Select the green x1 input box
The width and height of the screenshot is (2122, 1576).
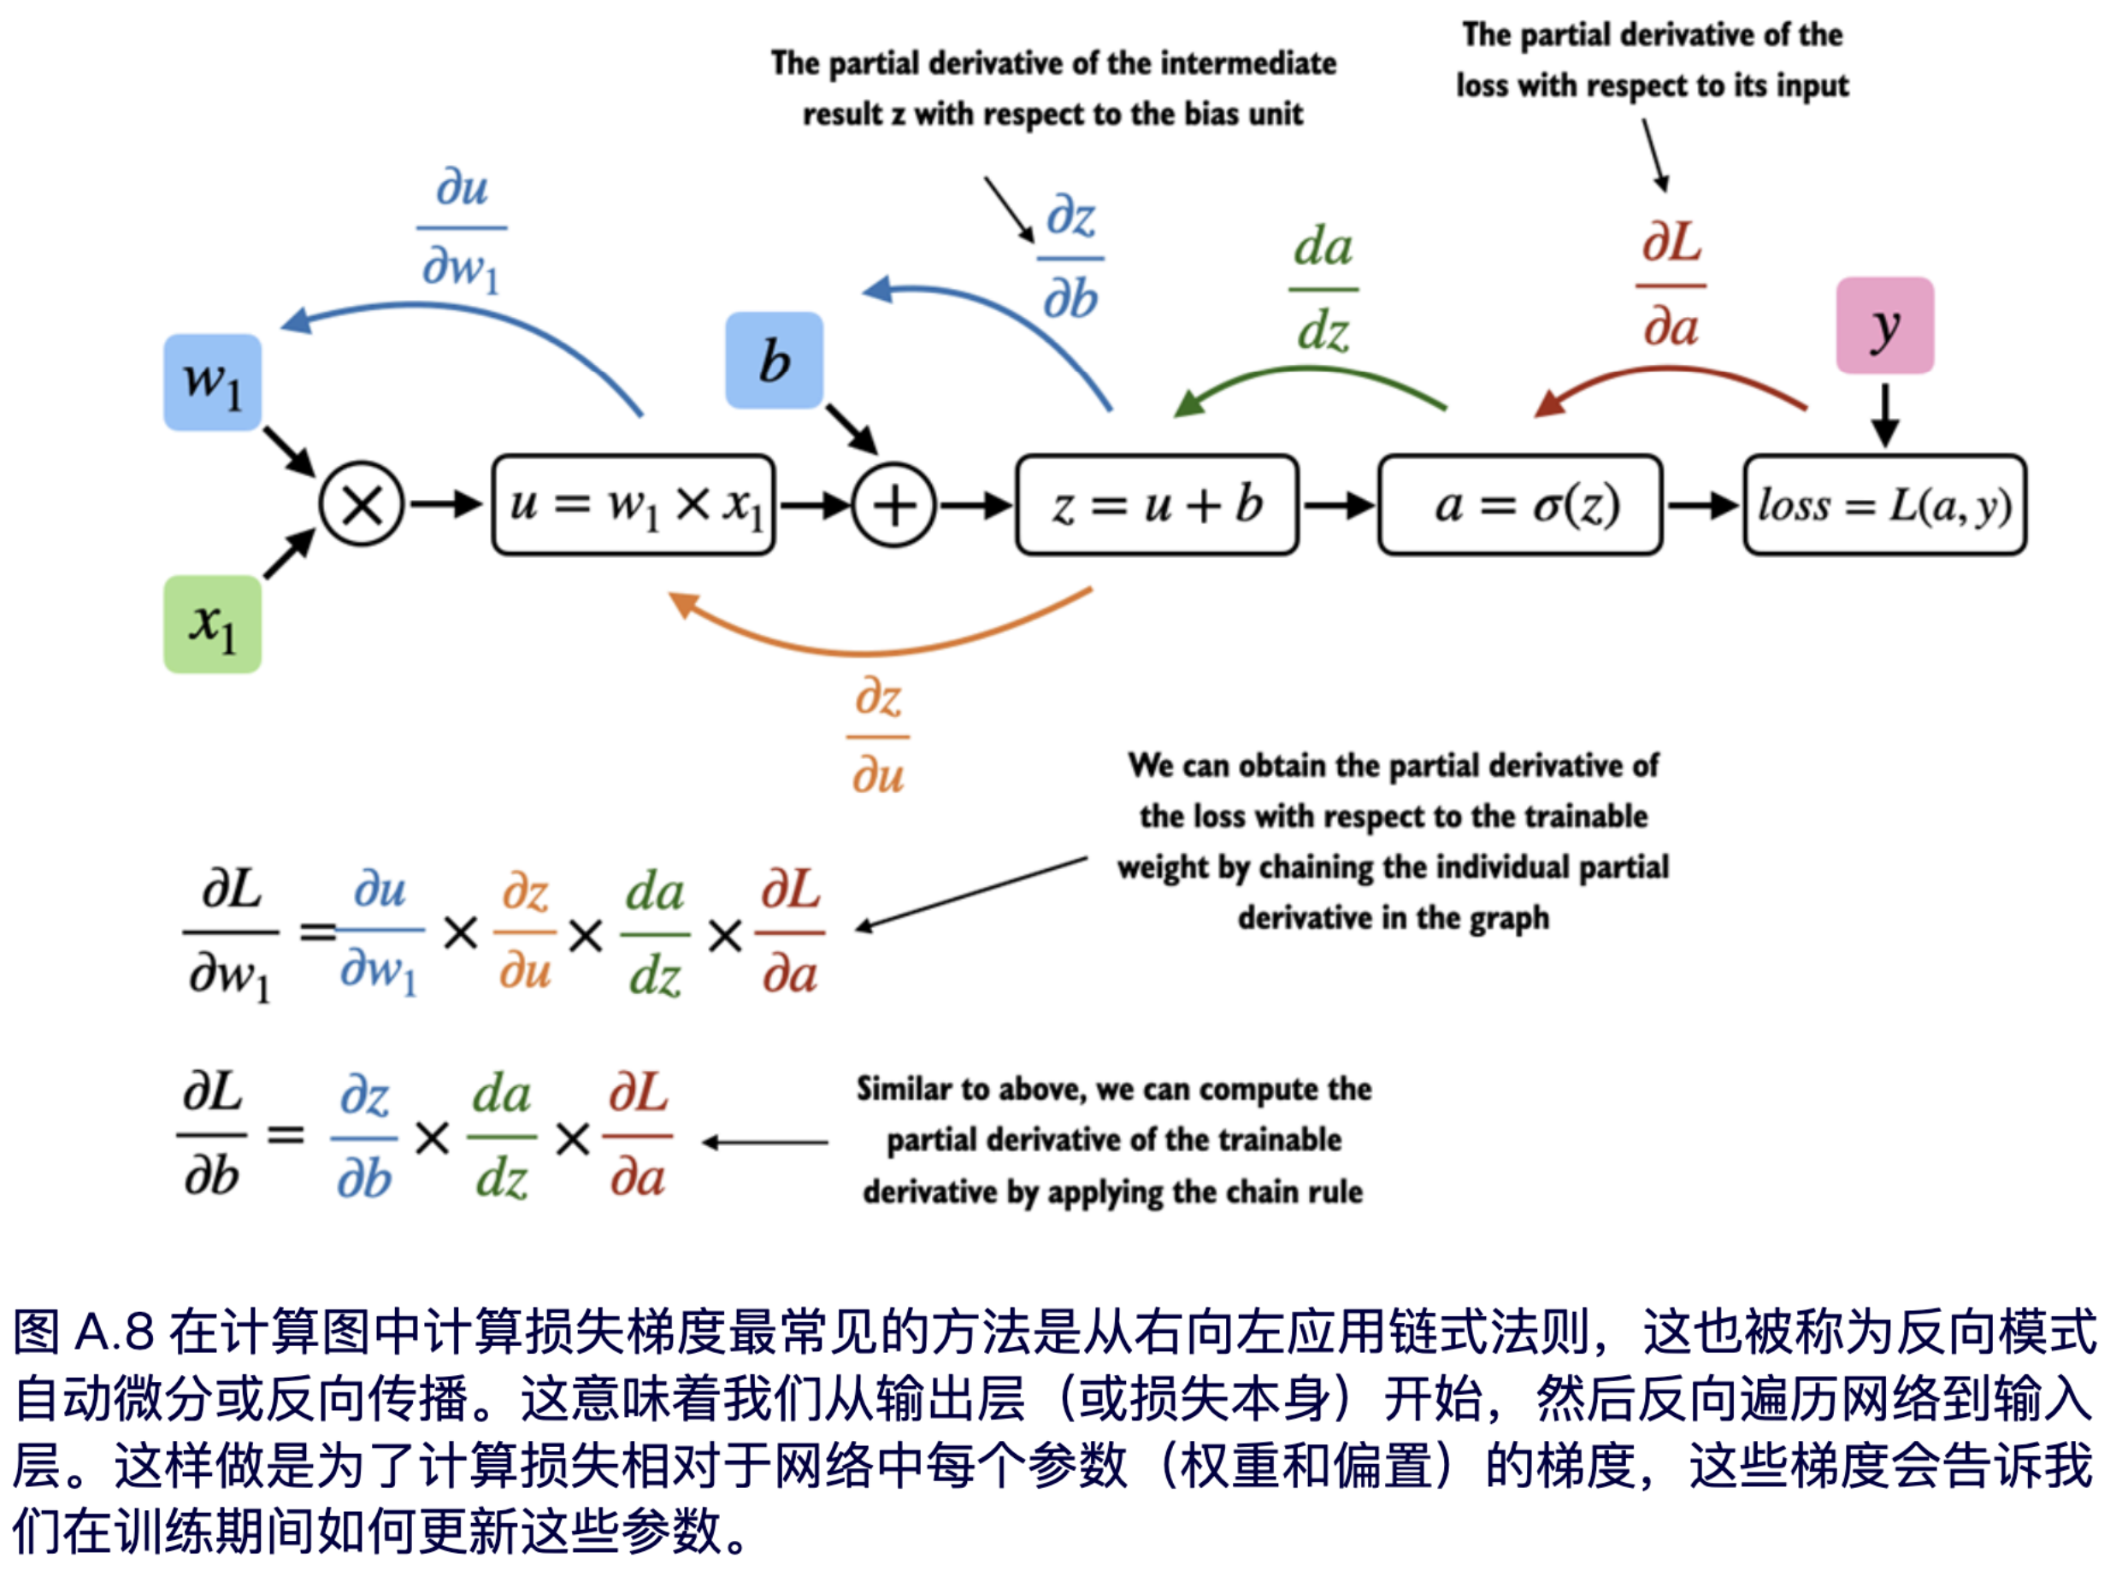[212, 624]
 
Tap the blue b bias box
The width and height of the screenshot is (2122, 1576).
[774, 361]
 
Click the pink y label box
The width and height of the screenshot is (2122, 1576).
[1884, 326]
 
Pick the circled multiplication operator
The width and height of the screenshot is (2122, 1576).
[362, 504]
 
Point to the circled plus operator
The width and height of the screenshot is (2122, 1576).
[893, 504]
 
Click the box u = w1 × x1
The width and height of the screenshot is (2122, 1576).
[634, 504]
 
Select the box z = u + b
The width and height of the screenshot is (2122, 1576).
[1157, 504]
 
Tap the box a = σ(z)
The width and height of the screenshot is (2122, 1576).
[1520, 504]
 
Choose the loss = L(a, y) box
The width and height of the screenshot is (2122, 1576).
[1884, 504]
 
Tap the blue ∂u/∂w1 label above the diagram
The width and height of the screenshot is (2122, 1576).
[462, 229]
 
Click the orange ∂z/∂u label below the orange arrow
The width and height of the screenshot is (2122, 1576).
[878, 737]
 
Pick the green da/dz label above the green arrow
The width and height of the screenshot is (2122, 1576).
[1323, 289]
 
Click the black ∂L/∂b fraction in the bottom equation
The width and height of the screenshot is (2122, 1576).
[212, 1135]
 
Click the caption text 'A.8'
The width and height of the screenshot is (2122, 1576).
[114, 1332]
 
